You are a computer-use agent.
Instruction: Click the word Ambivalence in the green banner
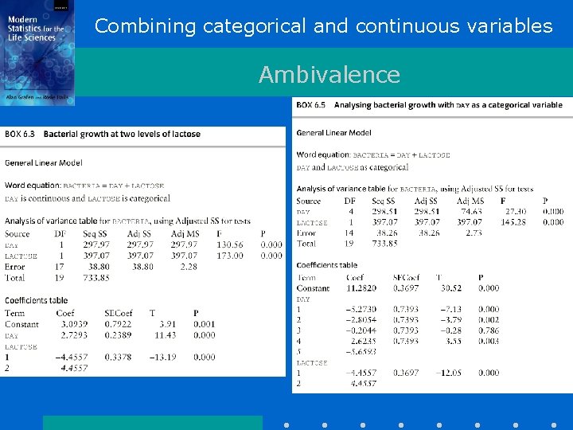329,75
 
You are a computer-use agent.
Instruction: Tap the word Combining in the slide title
145,26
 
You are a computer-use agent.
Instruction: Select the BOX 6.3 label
22,135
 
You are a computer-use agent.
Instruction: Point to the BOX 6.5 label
313,105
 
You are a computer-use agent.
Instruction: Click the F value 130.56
230,245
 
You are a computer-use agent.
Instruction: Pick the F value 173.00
230,256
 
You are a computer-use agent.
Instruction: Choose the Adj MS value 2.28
189,267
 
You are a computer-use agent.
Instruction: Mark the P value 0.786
489,330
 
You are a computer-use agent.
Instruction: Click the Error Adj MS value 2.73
474,233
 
